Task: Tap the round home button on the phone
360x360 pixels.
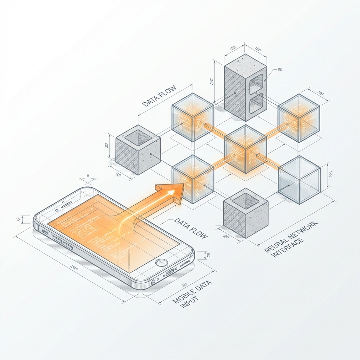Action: pos(162,263)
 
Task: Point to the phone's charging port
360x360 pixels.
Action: pos(170,272)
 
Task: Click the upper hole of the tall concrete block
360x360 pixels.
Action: pos(256,82)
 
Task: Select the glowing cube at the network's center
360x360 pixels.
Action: pos(246,149)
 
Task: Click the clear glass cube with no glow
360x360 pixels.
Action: pos(299,180)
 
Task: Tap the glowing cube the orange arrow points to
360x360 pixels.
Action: pos(193,179)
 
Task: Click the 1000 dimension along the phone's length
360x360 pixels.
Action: pos(73,268)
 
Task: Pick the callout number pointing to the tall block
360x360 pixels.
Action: pos(280,70)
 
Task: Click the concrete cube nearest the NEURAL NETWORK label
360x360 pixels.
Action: pos(246,212)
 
